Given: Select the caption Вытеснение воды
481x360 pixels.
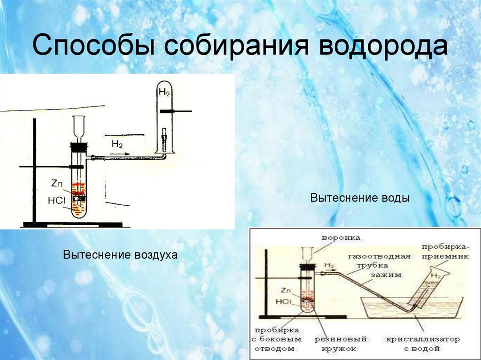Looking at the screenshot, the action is [x=360, y=198].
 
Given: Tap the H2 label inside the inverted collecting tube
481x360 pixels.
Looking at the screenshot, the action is [x=164, y=92].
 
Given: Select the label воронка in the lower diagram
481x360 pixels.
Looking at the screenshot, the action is [x=340, y=238].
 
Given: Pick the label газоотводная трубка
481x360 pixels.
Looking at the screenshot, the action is [x=379, y=260].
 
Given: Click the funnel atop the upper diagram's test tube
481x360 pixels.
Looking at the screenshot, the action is [x=79, y=127].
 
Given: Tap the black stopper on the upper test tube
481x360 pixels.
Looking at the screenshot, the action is [x=78, y=146].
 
